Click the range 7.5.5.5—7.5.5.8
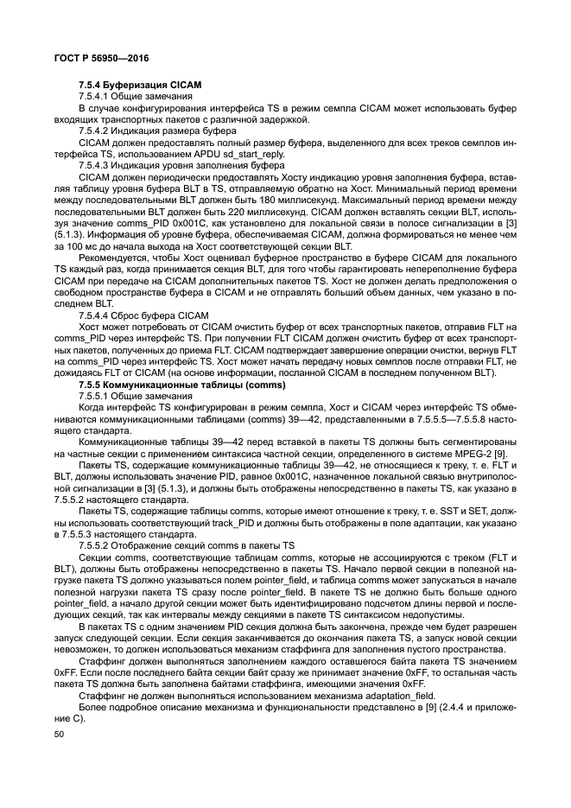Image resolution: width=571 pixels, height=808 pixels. (440, 406)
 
